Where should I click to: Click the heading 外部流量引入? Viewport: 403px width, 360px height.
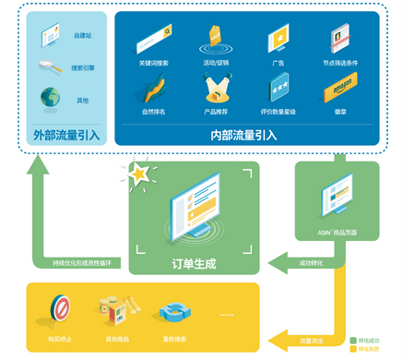coord(65,134)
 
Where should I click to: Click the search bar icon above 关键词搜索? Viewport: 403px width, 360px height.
coord(153,43)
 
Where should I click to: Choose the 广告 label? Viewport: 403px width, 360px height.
coord(279,64)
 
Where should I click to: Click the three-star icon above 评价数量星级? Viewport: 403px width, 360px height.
coord(279,90)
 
